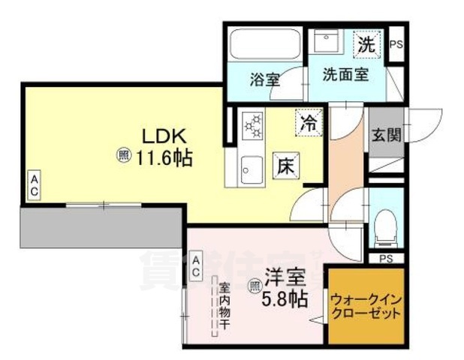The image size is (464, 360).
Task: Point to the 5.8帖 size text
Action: pyautogui.click(x=284, y=298)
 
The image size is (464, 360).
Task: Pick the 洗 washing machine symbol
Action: pyautogui.click(x=366, y=43)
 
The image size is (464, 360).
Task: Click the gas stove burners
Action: pyautogui.click(x=252, y=125)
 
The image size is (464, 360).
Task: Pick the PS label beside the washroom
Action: pyautogui.click(x=396, y=44)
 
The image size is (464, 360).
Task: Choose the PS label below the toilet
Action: pyautogui.click(x=386, y=259)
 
